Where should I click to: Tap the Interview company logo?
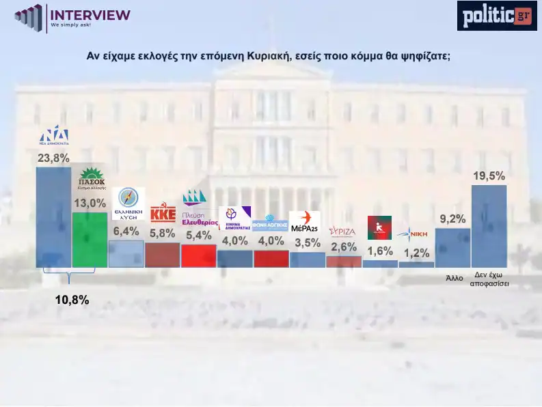(72, 16)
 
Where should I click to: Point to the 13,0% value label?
(90, 203)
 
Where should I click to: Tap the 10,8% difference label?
(72, 299)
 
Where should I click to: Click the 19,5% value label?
(489, 176)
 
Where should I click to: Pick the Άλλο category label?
(455, 278)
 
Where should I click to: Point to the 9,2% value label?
(452, 219)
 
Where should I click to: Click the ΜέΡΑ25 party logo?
(305, 222)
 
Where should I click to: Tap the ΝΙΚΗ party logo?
(416, 232)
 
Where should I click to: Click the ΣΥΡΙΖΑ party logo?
(342, 231)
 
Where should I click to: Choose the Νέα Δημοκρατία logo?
(53, 136)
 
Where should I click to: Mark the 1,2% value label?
(416, 251)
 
